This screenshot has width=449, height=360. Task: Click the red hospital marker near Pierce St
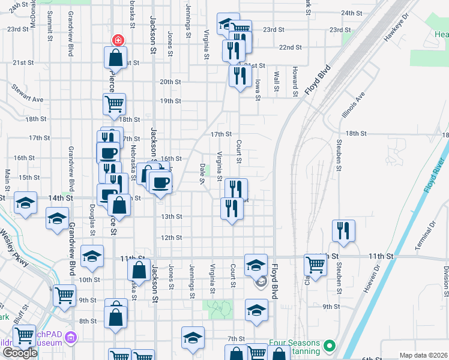(x=118, y=40)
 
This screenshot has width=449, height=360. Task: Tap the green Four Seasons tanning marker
(x=329, y=346)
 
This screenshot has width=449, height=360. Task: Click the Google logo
(x=20, y=353)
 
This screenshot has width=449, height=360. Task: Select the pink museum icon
(x=71, y=338)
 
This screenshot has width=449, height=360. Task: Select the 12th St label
(x=171, y=238)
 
